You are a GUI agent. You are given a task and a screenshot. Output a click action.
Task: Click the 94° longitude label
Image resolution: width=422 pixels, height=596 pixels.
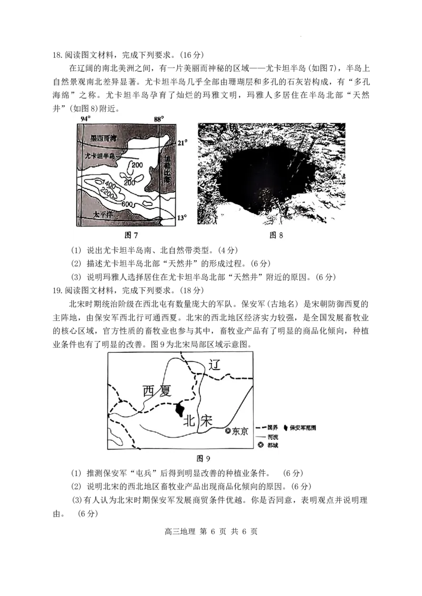85,119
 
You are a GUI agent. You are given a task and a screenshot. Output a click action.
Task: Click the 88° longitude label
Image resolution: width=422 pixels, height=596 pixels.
159,119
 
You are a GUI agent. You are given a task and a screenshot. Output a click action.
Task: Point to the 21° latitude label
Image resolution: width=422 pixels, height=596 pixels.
182,143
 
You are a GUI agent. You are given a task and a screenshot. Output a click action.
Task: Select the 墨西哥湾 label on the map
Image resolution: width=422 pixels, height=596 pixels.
103,138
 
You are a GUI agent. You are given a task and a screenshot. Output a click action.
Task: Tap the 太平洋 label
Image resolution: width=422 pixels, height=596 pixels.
103,214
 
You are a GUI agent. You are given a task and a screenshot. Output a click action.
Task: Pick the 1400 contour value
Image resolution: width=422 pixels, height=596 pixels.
104,182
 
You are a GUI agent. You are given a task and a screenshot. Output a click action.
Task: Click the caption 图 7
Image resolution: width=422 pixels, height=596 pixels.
131,235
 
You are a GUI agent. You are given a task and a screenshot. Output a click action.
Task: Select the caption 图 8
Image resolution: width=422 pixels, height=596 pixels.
276,235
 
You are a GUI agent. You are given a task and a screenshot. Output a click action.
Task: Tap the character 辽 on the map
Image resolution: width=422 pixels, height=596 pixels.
214,364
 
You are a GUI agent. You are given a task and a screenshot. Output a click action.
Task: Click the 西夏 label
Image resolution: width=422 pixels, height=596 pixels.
157,391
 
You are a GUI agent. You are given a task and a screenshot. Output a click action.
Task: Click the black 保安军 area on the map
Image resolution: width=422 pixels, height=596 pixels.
179,409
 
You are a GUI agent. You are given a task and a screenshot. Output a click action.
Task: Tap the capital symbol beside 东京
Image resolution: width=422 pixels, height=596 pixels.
228,431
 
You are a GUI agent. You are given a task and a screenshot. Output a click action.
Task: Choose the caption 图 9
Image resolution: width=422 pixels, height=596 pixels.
203,459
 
